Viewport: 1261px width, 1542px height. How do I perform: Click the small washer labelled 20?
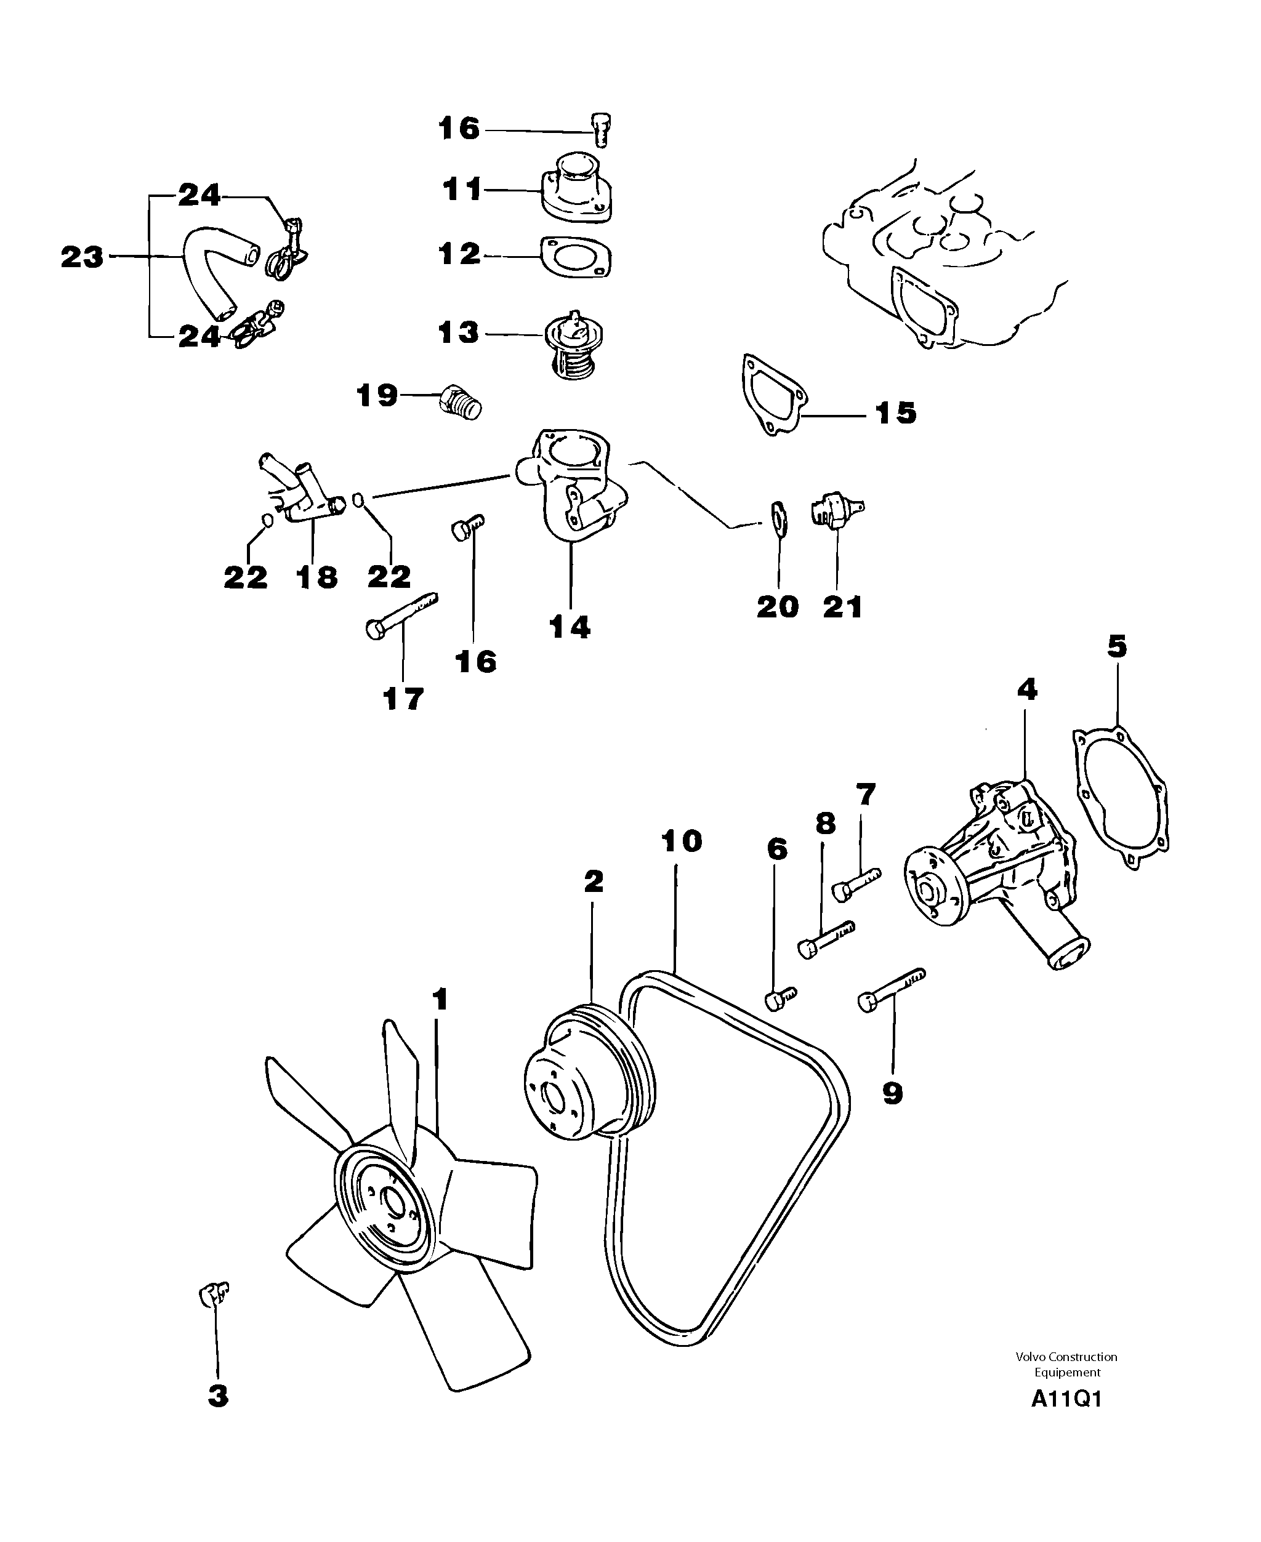(x=778, y=515)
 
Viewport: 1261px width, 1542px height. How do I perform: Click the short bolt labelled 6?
(x=780, y=1000)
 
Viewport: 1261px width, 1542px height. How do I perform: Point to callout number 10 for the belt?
(x=682, y=841)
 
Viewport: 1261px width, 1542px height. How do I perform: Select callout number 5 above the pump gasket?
(x=1116, y=646)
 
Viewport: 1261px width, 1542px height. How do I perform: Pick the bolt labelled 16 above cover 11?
(x=599, y=131)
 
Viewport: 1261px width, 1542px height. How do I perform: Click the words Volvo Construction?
(x=1066, y=1356)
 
